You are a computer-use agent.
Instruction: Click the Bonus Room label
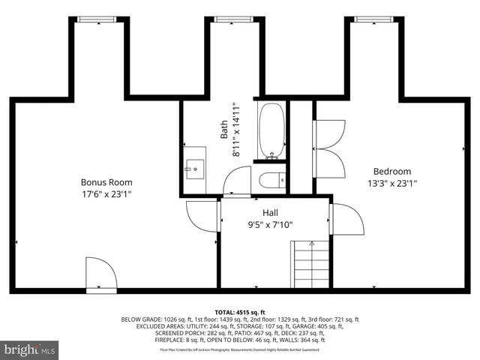click(106, 182)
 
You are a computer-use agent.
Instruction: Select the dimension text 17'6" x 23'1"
click(106, 194)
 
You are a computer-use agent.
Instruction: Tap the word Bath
click(224, 131)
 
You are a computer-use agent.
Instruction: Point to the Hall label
click(260, 212)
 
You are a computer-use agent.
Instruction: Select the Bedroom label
click(392, 171)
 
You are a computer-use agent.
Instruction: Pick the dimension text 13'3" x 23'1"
click(392, 182)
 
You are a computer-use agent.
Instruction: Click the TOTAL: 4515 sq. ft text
click(240, 312)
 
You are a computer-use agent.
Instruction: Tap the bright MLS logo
click(30, 349)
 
